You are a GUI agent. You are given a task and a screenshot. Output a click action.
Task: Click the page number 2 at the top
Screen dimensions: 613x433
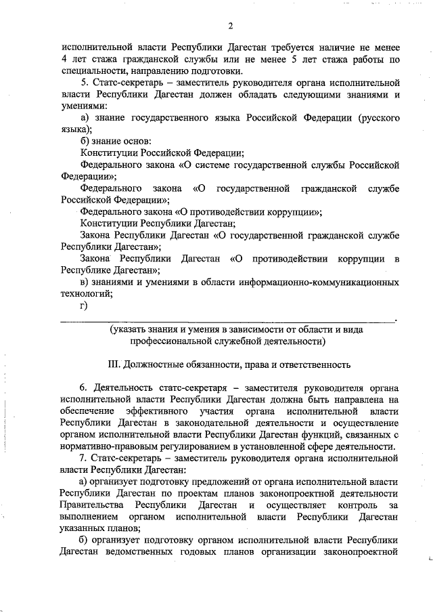231,26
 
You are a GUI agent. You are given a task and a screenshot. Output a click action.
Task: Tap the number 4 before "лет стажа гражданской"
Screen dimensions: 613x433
65,61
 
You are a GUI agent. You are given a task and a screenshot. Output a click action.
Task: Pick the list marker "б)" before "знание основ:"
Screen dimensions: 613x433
85,141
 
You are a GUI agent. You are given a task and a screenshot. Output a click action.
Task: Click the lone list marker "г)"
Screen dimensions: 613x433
85,305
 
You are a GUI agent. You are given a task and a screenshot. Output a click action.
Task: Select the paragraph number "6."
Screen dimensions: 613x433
85,388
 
